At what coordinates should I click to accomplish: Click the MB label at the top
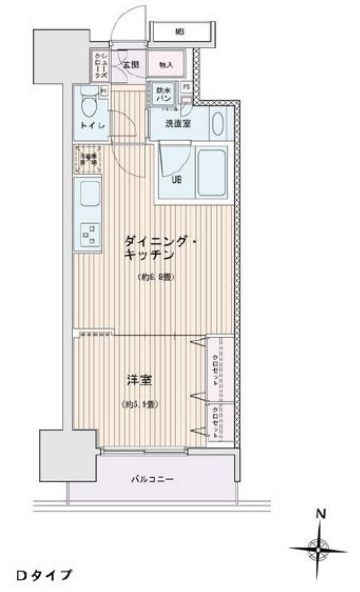[181, 32]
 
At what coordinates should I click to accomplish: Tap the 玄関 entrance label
[130, 66]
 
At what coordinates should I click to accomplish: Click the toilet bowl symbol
[88, 103]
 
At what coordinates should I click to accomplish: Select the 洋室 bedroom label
[139, 380]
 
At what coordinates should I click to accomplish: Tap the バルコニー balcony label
[153, 479]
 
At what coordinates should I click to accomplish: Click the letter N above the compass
[319, 516]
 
